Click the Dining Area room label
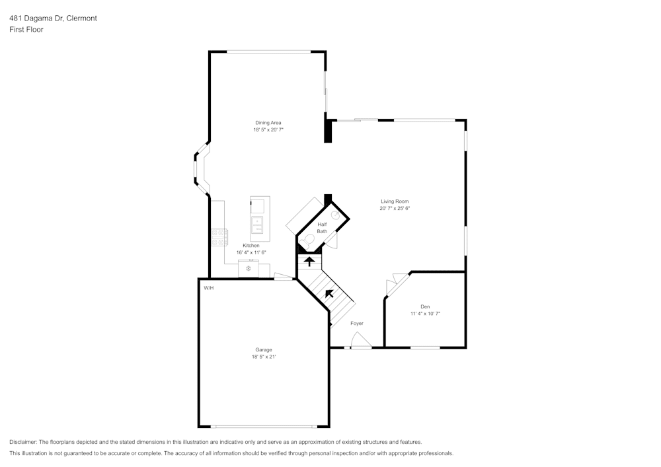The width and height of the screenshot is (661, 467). click(x=268, y=122)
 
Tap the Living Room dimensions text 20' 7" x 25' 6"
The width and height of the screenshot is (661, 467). click(x=395, y=209)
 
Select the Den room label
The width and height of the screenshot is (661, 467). click(x=425, y=306)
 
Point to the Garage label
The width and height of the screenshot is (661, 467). click(x=264, y=349)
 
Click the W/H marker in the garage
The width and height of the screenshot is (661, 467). click(x=209, y=288)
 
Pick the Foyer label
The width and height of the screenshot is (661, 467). click(x=357, y=324)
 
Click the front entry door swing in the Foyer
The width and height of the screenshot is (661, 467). click(x=360, y=340)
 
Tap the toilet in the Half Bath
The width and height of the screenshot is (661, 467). click(x=306, y=244)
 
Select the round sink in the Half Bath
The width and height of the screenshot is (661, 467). click(x=336, y=215)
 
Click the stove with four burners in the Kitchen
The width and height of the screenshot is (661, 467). click(x=219, y=237)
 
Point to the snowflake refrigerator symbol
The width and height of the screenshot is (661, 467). click(x=249, y=268)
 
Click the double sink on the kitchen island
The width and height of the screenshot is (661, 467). click(x=257, y=225)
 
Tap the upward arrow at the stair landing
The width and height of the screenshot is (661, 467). click(x=309, y=262)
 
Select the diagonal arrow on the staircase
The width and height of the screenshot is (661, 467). click(x=329, y=293)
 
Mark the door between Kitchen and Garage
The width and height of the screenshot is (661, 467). click(x=284, y=277)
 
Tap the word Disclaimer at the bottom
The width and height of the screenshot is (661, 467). click(x=24, y=441)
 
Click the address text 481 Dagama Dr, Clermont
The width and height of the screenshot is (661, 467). click(x=53, y=18)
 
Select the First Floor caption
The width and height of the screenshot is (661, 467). click(x=26, y=30)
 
